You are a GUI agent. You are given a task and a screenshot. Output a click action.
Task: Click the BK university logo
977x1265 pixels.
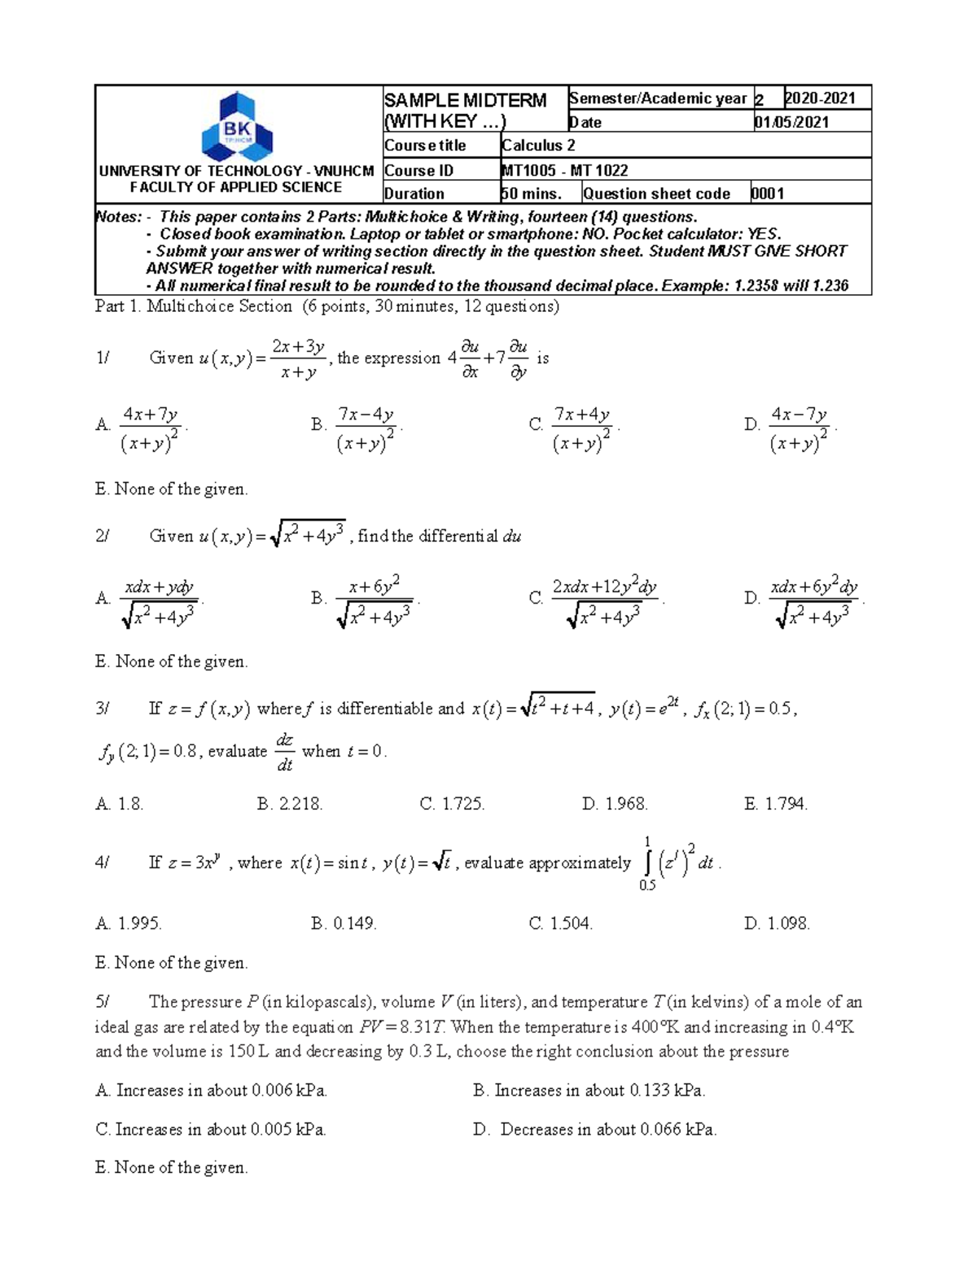click(x=237, y=127)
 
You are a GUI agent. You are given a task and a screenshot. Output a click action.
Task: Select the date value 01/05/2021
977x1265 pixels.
click(x=791, y=122)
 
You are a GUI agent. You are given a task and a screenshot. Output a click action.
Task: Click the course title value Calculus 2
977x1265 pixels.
click(x=538, y=146)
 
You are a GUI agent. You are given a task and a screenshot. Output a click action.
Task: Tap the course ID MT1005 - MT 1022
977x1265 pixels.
click(x=564, y=170)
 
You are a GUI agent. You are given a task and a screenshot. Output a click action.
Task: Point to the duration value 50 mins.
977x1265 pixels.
click(x=532, y=194)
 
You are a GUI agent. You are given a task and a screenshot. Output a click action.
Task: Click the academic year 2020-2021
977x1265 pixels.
click(x=820, y=99)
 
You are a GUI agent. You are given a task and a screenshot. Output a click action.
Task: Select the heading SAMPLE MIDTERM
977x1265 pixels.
click(x=465, y=100)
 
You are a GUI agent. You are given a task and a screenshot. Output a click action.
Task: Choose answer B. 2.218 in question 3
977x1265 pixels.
click(x=290, y=804)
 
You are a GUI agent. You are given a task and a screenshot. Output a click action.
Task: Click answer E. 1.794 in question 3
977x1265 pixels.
click(x=776, y=804)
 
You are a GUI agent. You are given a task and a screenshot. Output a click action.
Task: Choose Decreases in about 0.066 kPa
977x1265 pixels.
click(x=607, y=1130)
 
